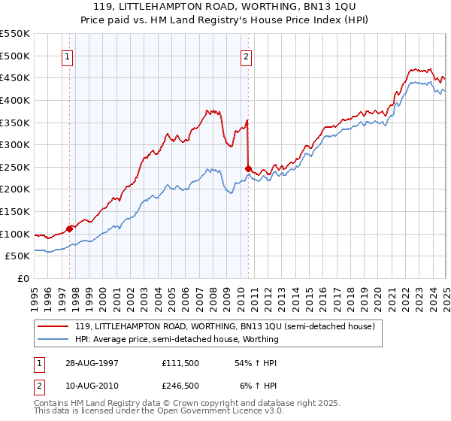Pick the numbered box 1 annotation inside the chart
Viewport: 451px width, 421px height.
pyautogui.click(x=68, y=56)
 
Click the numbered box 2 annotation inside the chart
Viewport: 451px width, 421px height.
pyautogui.click(x=247, y=56)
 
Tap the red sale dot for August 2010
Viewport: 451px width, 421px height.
pyautogui.click(x=247, y=168)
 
